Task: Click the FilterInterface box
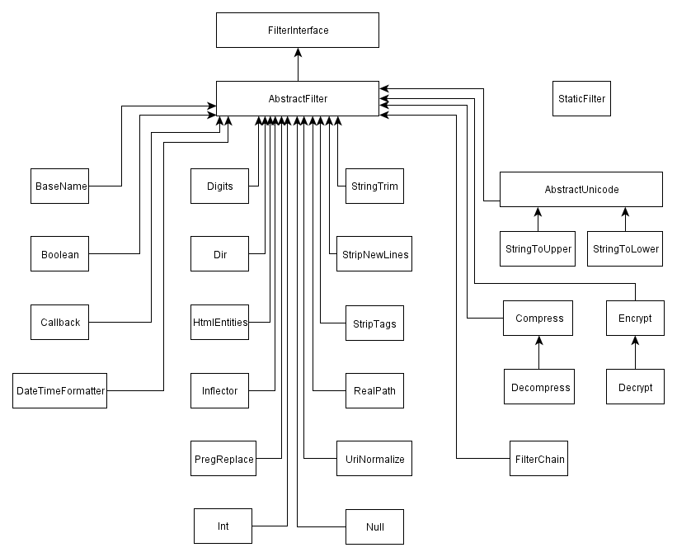click(298, 31)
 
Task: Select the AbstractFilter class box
click(298, 98)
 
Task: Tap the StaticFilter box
click(581, 98)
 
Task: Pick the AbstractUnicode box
click(581, 189)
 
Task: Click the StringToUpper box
click(538, 249)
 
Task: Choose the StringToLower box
click(625, 249)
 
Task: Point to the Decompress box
click(539, 387)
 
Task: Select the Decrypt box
click(635, 387)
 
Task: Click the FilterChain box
click(538, 459)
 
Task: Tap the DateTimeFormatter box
click(59, 390)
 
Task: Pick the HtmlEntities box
click(220, 323)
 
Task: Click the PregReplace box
click(223, 459)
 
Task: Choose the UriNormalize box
click(374, 459)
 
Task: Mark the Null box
click(374, 526)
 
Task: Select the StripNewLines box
click(374, 253)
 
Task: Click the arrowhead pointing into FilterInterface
click(298, 52)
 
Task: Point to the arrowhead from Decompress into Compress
click(538, 341)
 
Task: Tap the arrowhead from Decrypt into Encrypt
click(635, 341)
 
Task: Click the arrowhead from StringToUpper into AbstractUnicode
click(538, 212)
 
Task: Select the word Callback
click(60, 323)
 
